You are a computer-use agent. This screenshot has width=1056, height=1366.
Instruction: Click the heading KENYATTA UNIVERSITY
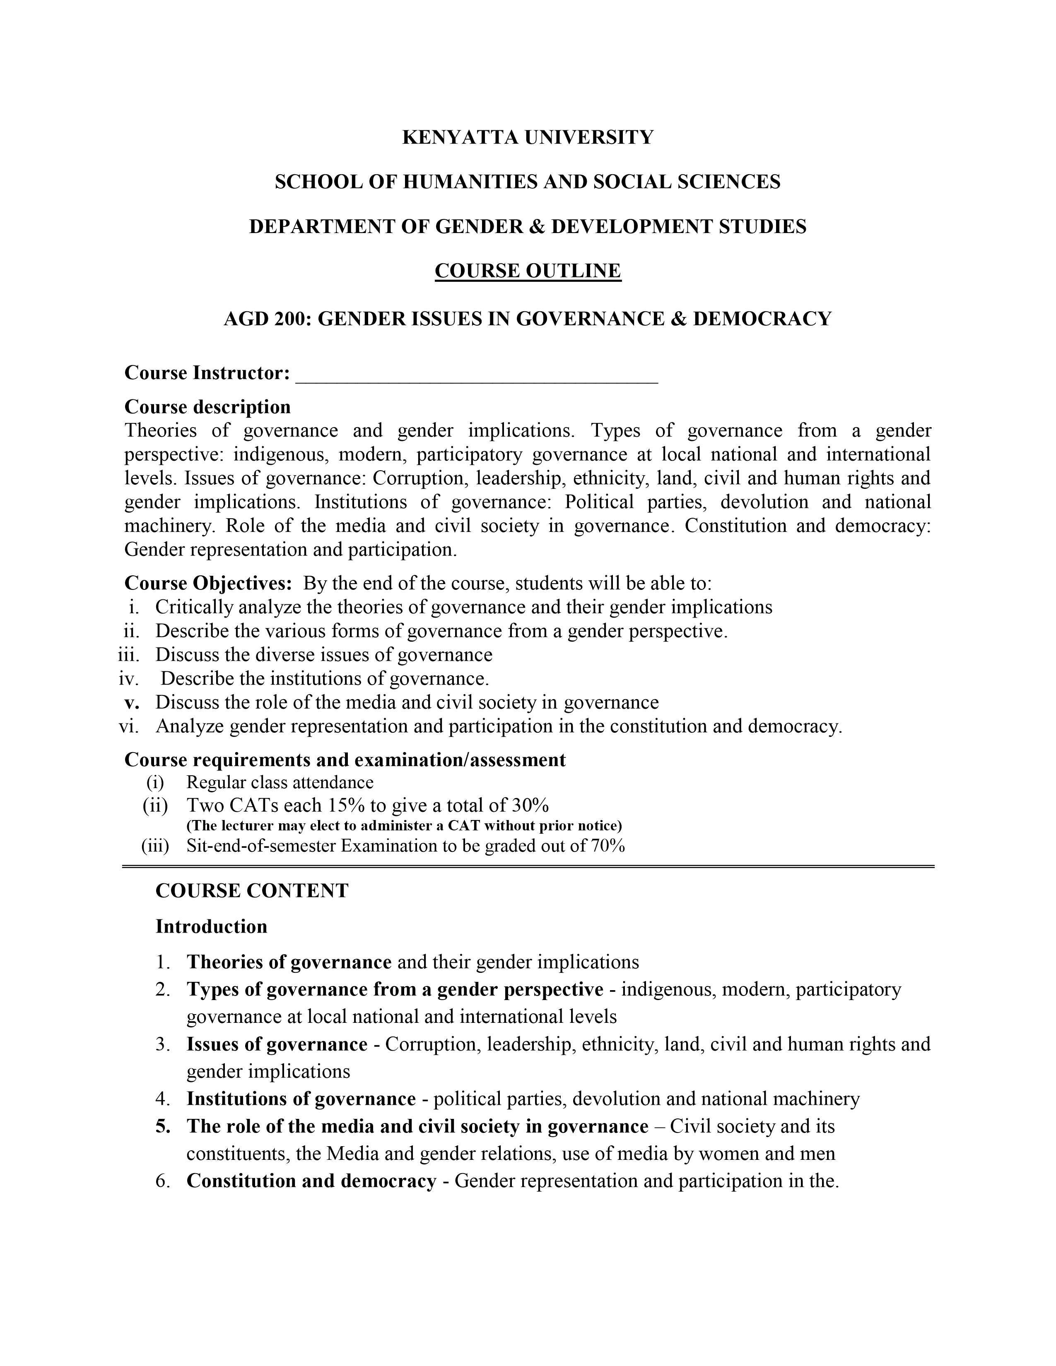click(527, 137)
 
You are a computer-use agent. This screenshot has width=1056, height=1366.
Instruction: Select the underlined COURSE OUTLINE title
click(527, 271)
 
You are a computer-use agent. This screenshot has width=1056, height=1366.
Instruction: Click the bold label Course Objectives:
click(208, 584)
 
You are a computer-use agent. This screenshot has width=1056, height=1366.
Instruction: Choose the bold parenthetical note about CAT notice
click(404, 826)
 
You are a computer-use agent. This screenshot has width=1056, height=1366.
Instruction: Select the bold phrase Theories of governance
click(289, 962)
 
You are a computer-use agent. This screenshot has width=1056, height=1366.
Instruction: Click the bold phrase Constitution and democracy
click(311, 1181)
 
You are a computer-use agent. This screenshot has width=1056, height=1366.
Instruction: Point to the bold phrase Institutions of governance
click(301, 1099)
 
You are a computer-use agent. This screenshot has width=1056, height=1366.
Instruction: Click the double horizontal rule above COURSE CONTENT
click(527, 866)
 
